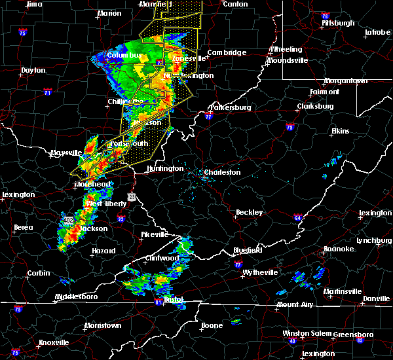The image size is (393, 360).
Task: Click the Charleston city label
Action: click(223, 173)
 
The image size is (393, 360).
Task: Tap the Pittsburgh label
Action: click(338, 23)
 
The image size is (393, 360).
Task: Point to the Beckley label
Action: click(250, 212)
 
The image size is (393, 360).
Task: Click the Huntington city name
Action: click(165, 168)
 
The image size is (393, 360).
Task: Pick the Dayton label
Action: click(33, 70)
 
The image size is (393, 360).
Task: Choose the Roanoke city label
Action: click(339, 249)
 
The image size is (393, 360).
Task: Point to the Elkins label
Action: click(340, 131)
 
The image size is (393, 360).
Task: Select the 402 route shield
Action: click(69, 221)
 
